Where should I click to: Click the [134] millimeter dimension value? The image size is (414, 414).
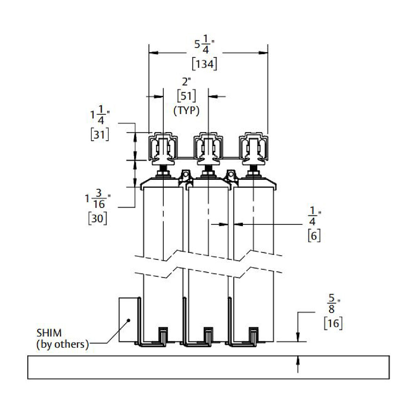point(205,64)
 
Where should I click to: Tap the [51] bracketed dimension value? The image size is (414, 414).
point(186,96)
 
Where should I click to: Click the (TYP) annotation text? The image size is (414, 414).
point(186,111)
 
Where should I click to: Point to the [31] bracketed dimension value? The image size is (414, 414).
point(99,134)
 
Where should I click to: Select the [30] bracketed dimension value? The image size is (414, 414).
point(98,218)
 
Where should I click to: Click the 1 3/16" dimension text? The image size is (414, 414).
point(98,200)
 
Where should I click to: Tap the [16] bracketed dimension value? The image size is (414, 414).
point(333,323)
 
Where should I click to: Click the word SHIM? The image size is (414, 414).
point(49,333)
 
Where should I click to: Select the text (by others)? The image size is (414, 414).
point(62,344)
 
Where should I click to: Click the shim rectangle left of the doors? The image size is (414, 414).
point(128,320)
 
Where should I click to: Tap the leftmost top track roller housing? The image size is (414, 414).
point(162,147)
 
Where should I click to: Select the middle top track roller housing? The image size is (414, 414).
point(208,147)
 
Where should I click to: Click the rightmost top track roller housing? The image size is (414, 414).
point(254,147)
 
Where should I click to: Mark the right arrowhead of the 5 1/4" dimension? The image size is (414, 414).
point(264,53)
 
